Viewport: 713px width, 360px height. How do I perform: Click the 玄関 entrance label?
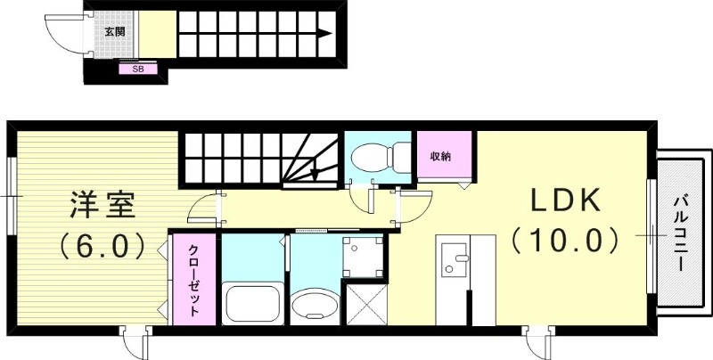click(114, 31)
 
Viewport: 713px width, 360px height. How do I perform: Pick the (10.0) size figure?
click(564, 240)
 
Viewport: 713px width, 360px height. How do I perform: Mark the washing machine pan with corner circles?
click(363, 257)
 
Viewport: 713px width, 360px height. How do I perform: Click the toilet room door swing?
click(364, 198)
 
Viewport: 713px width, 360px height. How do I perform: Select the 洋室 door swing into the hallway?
click(204, 209)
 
